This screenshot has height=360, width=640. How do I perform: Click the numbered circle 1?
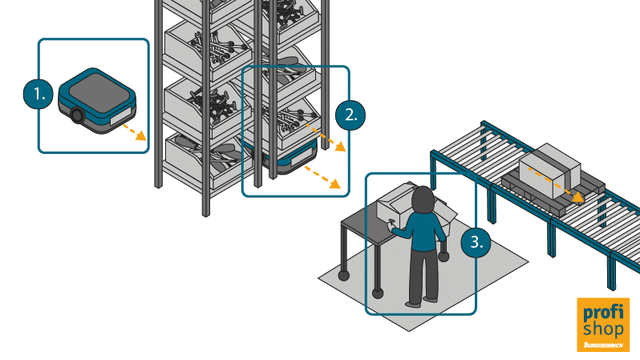(36, 94)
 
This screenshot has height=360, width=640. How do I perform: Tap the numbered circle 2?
(350, 114)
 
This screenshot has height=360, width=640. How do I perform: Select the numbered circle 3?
(476, 243)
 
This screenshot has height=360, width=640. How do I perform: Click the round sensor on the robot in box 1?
(78, 115)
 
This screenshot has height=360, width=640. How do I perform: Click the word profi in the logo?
(604, 312)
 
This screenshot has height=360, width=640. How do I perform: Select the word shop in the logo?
(604, 329)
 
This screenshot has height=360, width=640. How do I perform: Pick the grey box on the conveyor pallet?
(549, 165)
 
